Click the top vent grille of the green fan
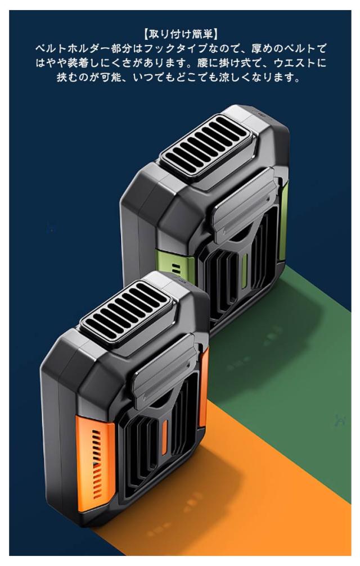[x=205, y=147]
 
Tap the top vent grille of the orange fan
[x=126, y=313]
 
